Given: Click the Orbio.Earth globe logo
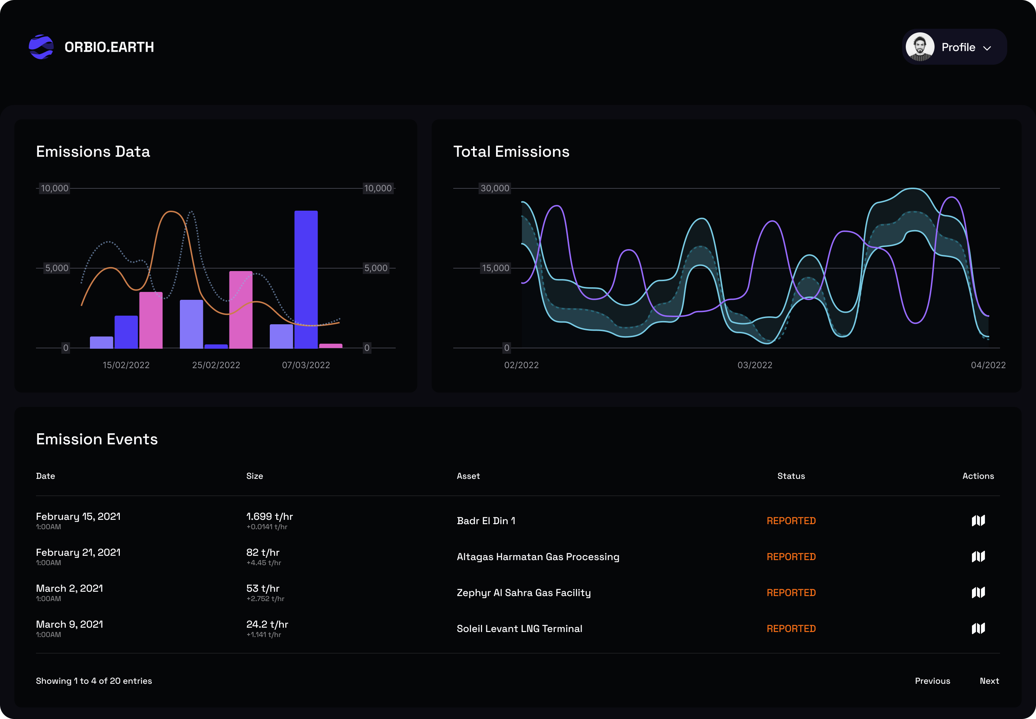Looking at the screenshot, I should [41, 47].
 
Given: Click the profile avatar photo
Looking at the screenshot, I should [920, 47].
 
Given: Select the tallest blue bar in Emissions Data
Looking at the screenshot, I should [306, 279].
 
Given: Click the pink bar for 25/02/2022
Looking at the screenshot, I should [241, 310].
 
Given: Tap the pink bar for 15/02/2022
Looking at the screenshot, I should [151, 320].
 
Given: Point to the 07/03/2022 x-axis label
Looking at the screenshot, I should [306, 365].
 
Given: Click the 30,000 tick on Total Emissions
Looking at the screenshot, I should [495, 188].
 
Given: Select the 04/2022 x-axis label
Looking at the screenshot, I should [988, 365].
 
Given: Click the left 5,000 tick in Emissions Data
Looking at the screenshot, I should [57, 268].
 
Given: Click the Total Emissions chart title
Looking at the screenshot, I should [511, 152].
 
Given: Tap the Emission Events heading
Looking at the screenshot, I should [97, 439].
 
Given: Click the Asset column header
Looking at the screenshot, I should [468, 476].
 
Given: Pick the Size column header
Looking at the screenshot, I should [254, 476].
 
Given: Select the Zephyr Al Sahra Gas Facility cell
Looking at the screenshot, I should [523, 593].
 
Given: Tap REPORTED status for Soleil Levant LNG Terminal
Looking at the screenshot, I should [791, 629].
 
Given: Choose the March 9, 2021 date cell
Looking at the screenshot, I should [69, 624].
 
